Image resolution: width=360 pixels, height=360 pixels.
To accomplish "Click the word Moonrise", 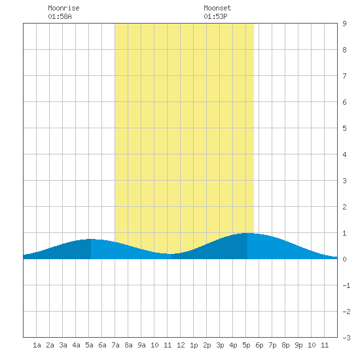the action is point(63,8).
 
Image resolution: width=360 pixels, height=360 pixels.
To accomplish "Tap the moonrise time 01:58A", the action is point(60,16).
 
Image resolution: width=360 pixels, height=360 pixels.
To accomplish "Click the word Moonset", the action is point(217,8).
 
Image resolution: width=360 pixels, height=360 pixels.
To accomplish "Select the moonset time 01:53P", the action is point(215,16).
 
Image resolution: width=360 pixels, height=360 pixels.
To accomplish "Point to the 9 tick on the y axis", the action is point(344,24).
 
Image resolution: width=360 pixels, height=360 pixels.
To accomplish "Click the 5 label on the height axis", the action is point(344,128).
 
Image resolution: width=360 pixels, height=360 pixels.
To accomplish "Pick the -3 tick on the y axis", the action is point(346,338).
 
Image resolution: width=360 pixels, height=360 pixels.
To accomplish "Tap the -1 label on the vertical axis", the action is point(346,285).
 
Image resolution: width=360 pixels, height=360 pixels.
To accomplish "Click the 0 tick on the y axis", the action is point(344,259).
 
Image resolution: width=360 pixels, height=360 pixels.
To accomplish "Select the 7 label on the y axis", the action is point(344,76).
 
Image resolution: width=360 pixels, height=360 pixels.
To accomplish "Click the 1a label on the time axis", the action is point(37,345).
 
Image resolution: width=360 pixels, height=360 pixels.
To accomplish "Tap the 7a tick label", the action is point(115,345).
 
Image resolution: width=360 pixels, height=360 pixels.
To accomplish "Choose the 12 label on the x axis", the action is point(181,345).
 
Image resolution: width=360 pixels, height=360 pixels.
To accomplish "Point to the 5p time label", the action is point(246,345).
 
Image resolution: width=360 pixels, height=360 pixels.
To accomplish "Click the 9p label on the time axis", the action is point(298,345).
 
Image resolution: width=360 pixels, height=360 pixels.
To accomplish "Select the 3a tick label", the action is point(63,345).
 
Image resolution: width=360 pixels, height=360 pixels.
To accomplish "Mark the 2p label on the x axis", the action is point(207,345).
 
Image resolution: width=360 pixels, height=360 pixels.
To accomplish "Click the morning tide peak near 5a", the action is point(91,239).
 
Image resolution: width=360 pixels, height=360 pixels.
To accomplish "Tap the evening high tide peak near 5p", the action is point(247,233).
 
